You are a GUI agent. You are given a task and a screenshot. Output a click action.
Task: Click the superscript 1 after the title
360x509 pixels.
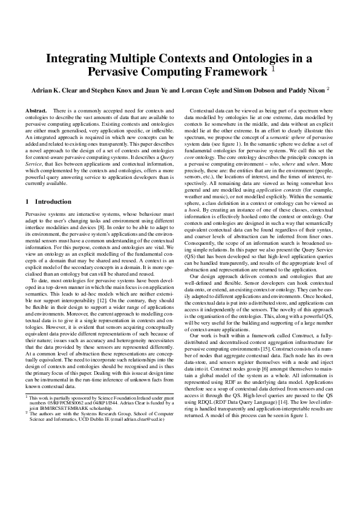click(x=273, y=69)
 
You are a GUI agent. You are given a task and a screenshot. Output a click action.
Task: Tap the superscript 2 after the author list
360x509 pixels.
click(x=327, y=88)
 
